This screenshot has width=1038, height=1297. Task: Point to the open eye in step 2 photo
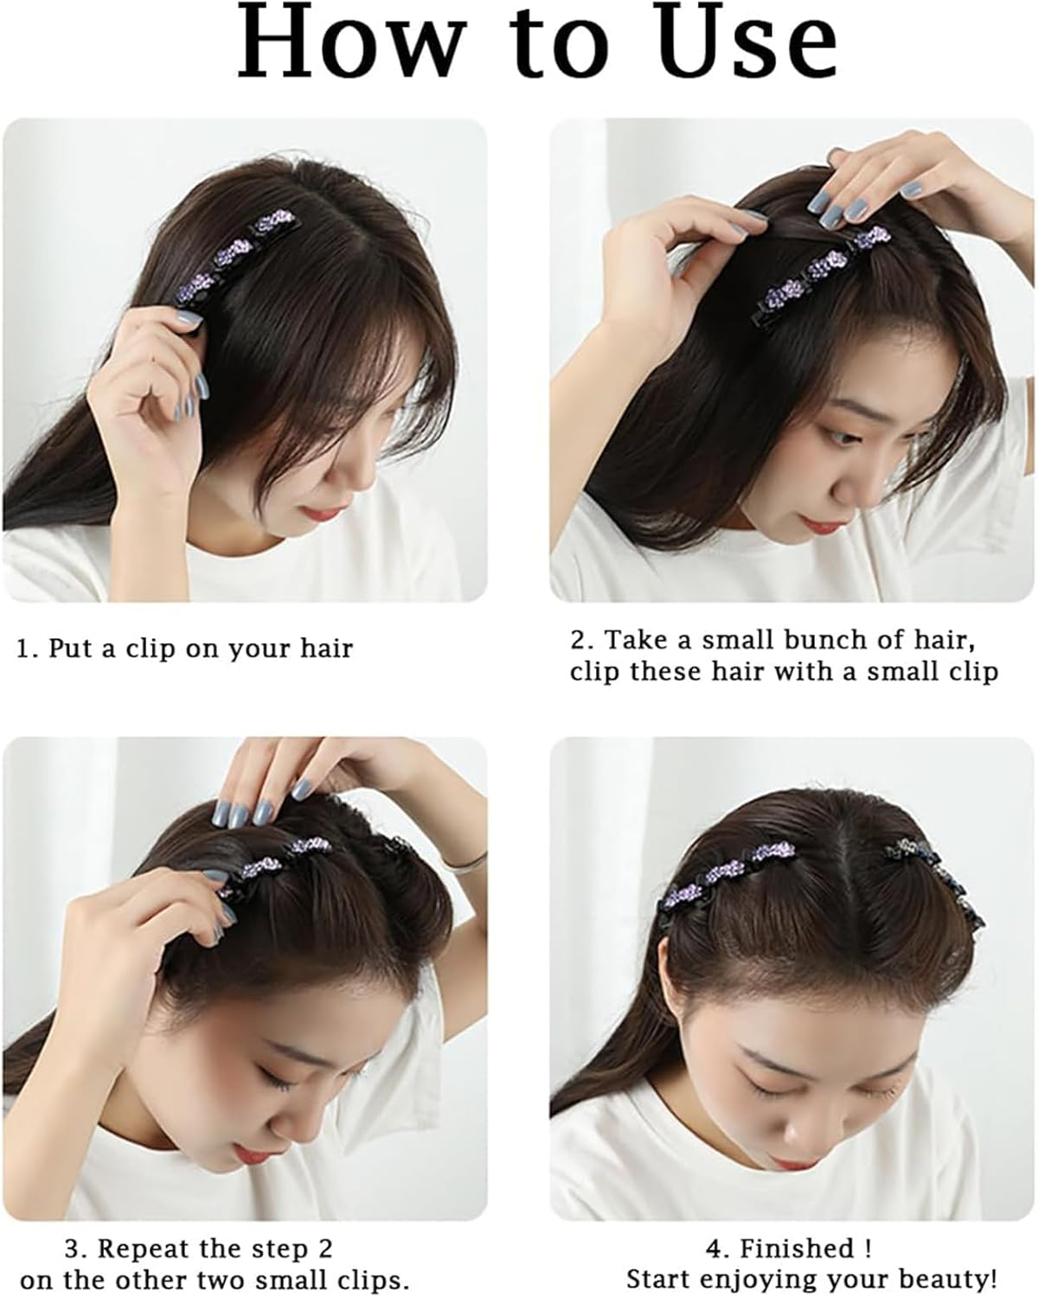point(842,436)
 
